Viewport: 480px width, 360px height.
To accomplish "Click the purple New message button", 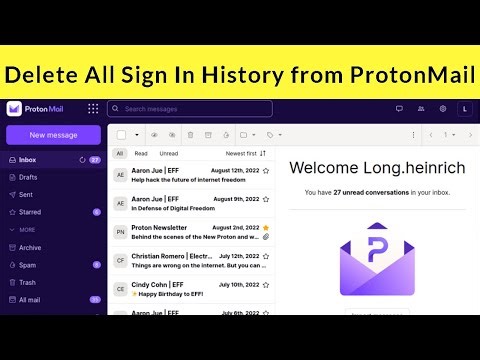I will [53, 135].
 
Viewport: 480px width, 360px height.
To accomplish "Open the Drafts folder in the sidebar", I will [29, 177].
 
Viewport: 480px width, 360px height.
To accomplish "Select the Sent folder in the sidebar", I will [26, 194].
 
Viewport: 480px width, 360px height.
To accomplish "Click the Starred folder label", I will [31, 212].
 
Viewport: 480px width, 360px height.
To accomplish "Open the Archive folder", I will [30, 247].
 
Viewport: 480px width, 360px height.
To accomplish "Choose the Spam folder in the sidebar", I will [28, 264].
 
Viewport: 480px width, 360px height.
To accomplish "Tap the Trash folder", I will [28, 282].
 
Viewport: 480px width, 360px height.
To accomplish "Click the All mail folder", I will [30, 299].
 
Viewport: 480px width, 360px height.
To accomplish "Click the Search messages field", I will [190, 108].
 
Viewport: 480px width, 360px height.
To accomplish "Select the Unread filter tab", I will [169, 153].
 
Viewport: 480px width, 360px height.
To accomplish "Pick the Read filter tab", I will [141, 153].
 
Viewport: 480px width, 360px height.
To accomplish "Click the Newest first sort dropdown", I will [246, 153].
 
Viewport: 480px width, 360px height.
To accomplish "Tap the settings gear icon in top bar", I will [443, 108].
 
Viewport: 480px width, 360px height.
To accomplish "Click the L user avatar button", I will [464, 108].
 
